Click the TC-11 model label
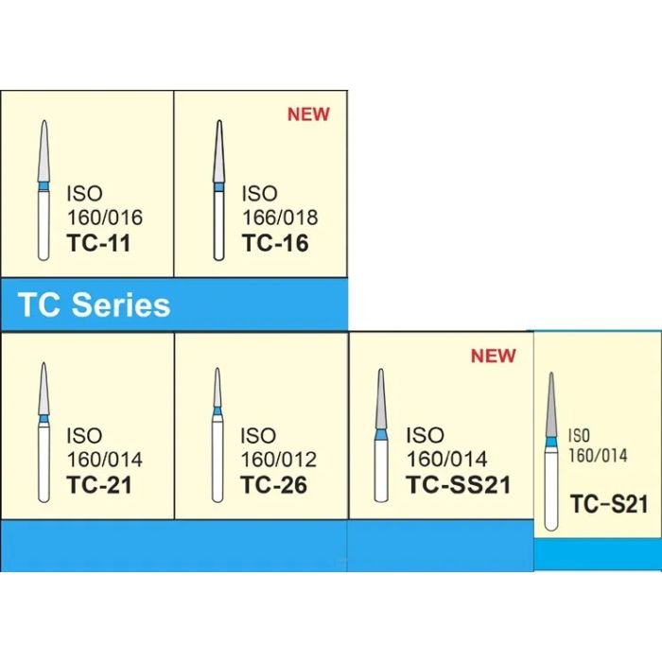99,243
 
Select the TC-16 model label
275,243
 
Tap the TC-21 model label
99,486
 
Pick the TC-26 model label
275,486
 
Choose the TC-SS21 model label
458,486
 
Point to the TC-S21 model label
609,503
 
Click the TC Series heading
95,305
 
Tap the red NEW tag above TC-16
309,114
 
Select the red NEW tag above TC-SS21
493,356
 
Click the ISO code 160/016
105,218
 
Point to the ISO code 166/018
279,218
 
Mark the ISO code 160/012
278,461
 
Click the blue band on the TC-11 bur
44,187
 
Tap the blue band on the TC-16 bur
219,187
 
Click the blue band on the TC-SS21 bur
381,435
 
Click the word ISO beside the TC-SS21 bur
425,436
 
